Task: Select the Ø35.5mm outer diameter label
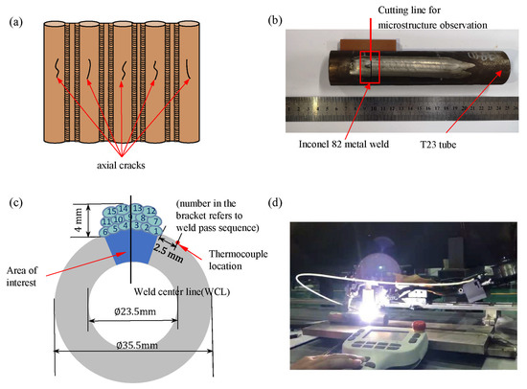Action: pyautogui.click(x=129, y=359)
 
